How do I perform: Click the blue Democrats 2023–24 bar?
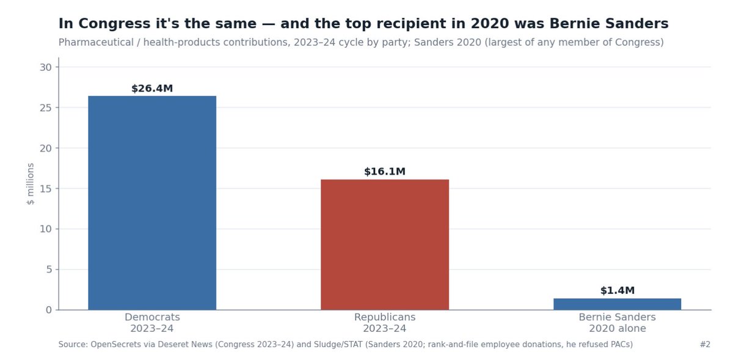coord(152,203)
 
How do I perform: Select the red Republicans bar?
coord(385,244)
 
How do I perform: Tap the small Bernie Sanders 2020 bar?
coord(617,304)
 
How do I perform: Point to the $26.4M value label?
coord(152,89)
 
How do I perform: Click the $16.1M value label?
coord(385,172)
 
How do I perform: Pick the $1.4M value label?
coord(618,290)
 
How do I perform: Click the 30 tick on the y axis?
coord(46,67)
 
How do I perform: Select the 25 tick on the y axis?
coord(46,108)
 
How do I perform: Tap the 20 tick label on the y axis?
coord(46,149)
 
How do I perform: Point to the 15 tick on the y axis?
coord(46,189)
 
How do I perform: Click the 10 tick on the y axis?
coord(46,229)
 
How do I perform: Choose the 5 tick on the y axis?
coord(49,270)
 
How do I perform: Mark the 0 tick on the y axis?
coord(49,310)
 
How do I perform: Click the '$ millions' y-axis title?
coord(30,184)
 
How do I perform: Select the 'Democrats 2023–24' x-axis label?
coord(152,323)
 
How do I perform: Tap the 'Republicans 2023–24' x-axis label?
coord(385,323)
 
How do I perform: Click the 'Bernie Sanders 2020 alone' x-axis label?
coord(618,323)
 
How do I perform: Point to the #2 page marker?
coord(705,344)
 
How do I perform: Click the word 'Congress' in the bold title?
coord(111,24)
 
